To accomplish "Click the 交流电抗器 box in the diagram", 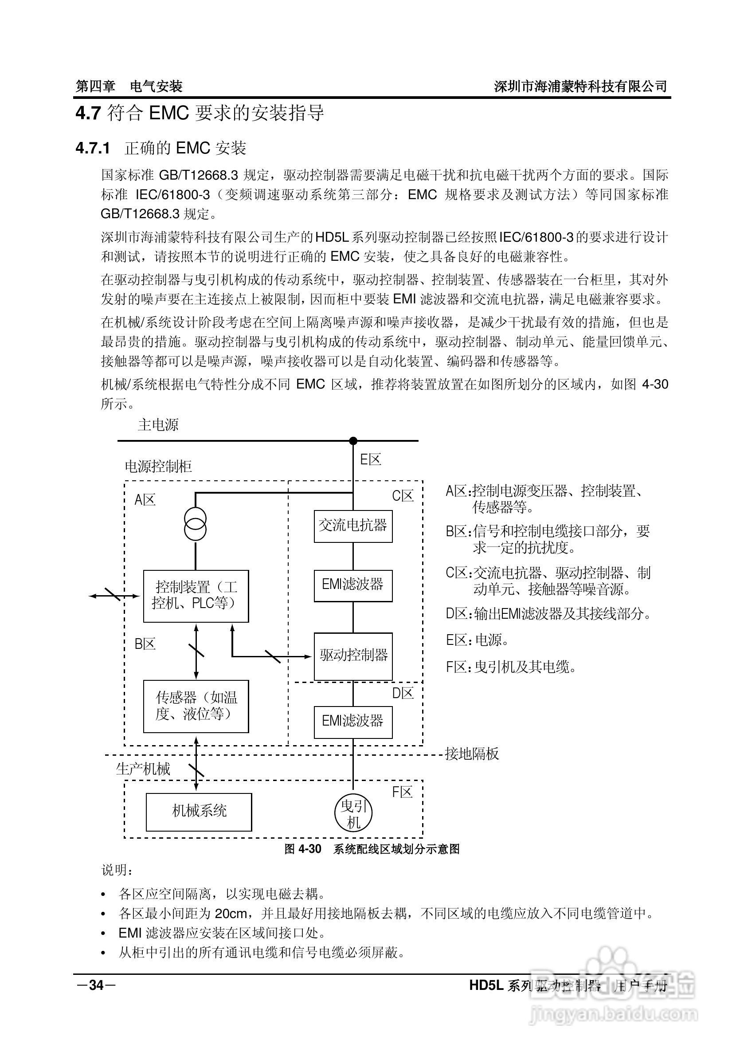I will [x=352, y=526].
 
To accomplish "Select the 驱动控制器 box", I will [x=352, y=656].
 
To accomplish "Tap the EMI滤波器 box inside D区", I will [x=352, y=722].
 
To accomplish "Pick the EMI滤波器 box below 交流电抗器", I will [x=352, y=585].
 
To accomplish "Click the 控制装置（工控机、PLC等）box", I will [x=196, y=596].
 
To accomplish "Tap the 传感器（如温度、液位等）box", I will [x=196, y=707].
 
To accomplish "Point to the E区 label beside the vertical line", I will [x=370, y=459].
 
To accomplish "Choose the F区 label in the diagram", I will [x=402, y=792].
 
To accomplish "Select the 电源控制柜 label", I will [x=158, y=467].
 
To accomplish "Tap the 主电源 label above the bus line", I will [x=158, y=424].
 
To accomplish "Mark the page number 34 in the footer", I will [x=96, y=985].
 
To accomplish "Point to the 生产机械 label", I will [x=143, y=769].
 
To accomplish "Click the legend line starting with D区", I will [x=548, y=613].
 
